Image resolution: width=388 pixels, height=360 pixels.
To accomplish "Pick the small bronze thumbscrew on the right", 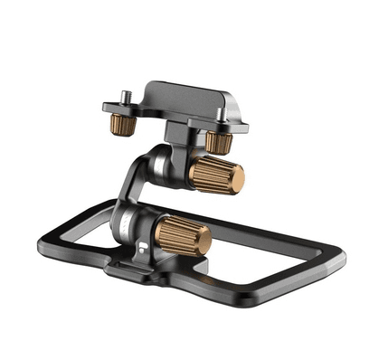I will (x=215, y=140).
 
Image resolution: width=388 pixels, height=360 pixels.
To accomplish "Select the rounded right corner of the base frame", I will (x=340, y=260).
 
